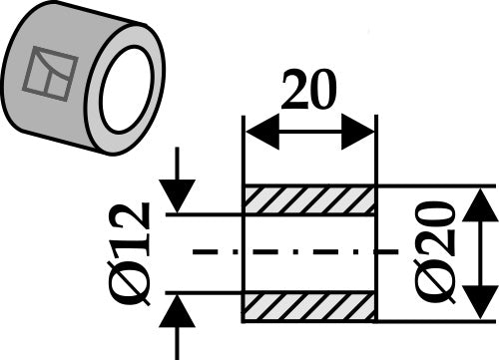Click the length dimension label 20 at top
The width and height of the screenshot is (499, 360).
[x=308, y=90]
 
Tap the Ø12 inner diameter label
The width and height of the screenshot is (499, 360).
[x=129, y=253]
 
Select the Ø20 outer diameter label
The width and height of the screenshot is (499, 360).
[x=434, y=252]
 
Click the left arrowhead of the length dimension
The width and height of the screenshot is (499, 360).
[x=262, y=132]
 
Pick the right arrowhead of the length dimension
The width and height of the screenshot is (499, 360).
[x=358, y=132]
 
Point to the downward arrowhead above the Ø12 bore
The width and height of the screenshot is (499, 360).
[x=177, y=196]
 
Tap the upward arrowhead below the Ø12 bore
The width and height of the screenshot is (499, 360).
[x=177, y=311]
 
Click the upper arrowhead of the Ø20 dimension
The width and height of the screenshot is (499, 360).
[x=480, y=204]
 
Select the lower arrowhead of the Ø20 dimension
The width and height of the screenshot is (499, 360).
[x=480, y=302]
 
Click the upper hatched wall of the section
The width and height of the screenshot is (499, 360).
[x=309, y=200]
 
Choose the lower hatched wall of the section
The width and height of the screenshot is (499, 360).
[x=309, y=307]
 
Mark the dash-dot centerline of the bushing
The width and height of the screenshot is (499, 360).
[x=295, y=251]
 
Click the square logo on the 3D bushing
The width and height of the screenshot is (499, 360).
[x=51, y=74]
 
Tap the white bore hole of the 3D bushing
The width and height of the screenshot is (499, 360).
[x=128, y=90]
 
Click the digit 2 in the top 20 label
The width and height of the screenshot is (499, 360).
[x=295, y=90]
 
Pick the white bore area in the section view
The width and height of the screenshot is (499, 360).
[x=309, y=253]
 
